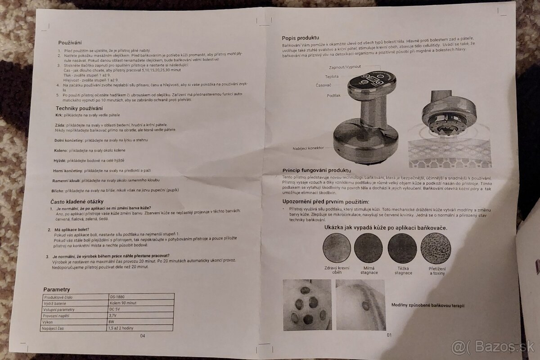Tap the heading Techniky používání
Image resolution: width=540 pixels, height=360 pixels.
(x=79, y=108)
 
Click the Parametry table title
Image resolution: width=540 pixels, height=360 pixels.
(x=57, y=289)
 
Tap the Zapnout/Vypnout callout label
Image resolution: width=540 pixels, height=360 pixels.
(x=345, y=67)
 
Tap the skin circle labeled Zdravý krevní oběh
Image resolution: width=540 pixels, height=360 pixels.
(x=337, y=248)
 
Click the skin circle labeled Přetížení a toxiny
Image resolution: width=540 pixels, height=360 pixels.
(x=436, y=248)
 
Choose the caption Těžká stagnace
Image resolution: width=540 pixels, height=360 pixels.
(x=403, y=270)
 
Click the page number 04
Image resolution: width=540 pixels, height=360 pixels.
(x=143, y=335)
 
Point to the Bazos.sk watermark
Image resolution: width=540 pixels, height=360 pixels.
(x=493, y=347)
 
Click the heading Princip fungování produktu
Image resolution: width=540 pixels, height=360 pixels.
(x=316, y=171)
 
